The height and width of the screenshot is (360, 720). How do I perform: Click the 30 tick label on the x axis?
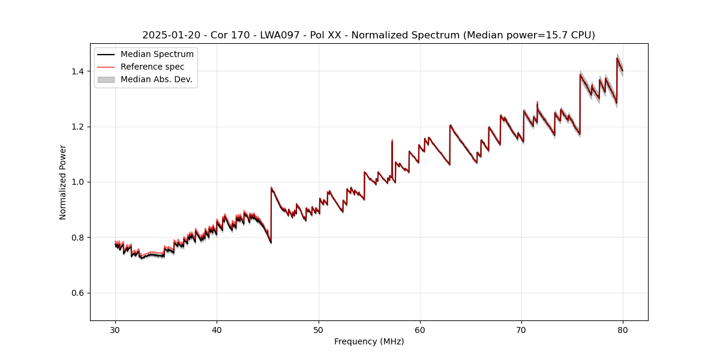[x=115, y=329]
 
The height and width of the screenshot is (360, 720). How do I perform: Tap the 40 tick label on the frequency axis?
[x=217, y=329]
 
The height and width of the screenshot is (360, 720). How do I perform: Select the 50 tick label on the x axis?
[x=319, y=329]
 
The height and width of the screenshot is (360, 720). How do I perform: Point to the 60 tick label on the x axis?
[x=420, y=329]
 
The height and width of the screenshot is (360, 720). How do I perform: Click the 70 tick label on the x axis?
[x=521, y=329]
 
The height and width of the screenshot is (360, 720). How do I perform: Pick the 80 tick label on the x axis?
[x=623, y=329]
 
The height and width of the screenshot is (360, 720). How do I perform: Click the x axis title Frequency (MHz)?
[x=369, y=341]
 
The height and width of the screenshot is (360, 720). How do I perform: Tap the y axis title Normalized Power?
[x=63, y=182]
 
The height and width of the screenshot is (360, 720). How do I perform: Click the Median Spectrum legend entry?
[x=157, y=55]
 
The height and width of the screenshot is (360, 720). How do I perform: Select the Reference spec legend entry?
[x=152, y=67]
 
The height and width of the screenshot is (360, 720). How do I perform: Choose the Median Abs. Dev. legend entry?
[x=156, y=79]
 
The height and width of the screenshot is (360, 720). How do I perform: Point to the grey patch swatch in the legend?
[x=106, y=79]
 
